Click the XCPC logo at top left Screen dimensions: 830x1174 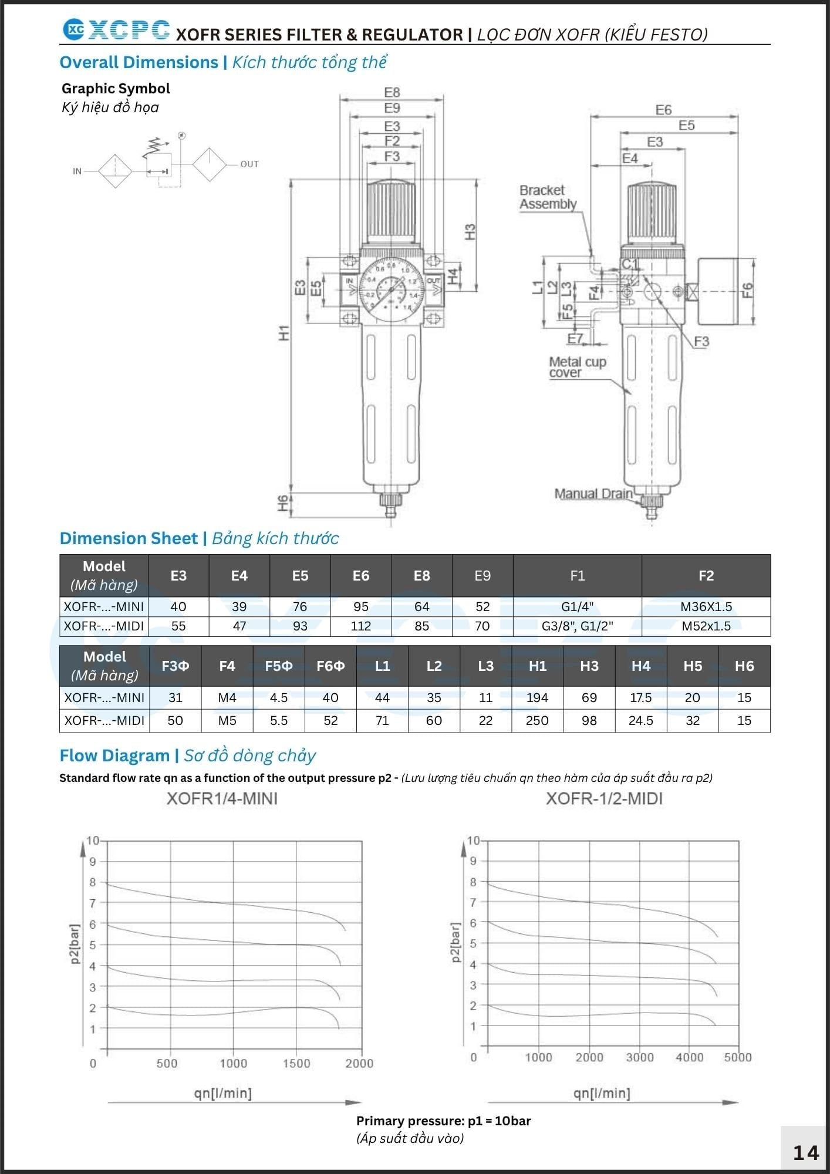pos(116,30)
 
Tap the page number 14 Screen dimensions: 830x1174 pos(805,1153)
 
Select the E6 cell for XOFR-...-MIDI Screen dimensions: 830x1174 pos(361,626)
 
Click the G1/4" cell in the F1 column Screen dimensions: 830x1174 pos(578,606)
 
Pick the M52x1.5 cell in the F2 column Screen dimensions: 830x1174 pos(706,626)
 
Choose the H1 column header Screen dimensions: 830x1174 pos(538,666)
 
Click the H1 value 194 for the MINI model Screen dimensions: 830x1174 pos(537,697)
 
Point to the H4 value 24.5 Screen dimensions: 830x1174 pos(641,720)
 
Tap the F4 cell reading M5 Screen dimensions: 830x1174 pos(227,720)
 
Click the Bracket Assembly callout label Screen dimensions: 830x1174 pos(548,197)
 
